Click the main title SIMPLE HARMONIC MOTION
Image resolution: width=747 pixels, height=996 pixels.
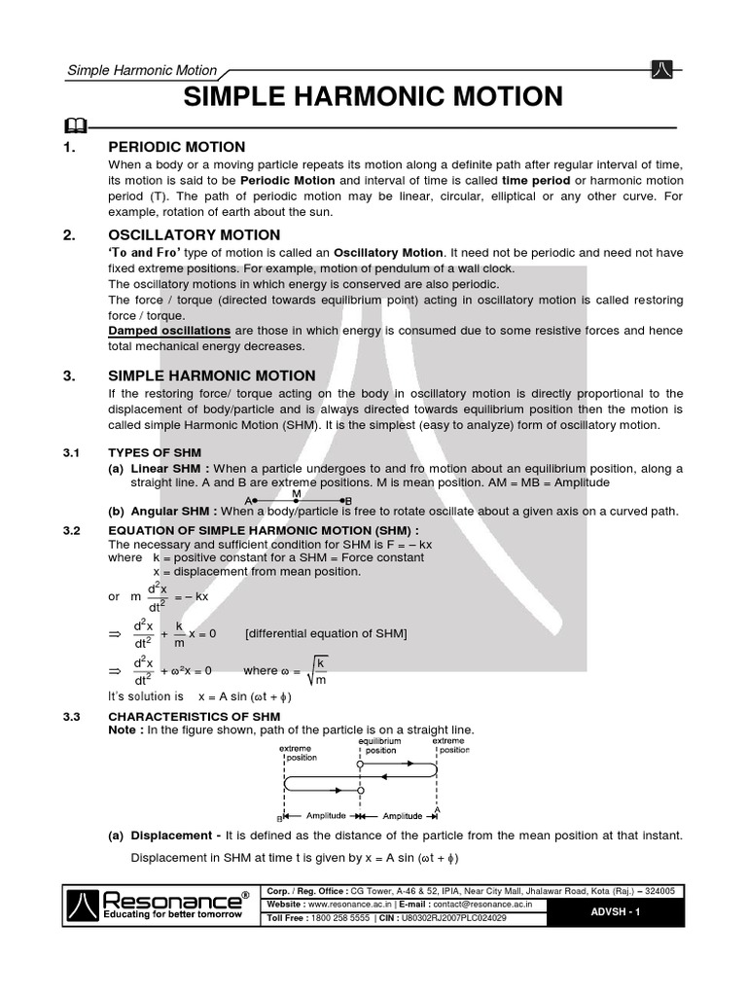[373, 97]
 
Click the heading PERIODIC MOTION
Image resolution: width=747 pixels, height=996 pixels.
[176, 147]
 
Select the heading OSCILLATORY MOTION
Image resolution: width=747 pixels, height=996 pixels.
[194, 234]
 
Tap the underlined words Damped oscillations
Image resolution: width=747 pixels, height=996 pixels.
[170, 331]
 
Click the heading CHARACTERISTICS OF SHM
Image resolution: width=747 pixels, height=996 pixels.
[194, 717]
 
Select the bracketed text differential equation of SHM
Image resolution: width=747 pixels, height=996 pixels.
[326, 633]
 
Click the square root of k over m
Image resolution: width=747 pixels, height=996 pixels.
[315, 669]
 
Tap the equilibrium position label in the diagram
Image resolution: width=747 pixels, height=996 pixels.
[380, 745]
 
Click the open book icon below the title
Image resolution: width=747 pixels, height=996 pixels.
[74, 124]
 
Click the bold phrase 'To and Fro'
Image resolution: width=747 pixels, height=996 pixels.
[145, 252]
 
